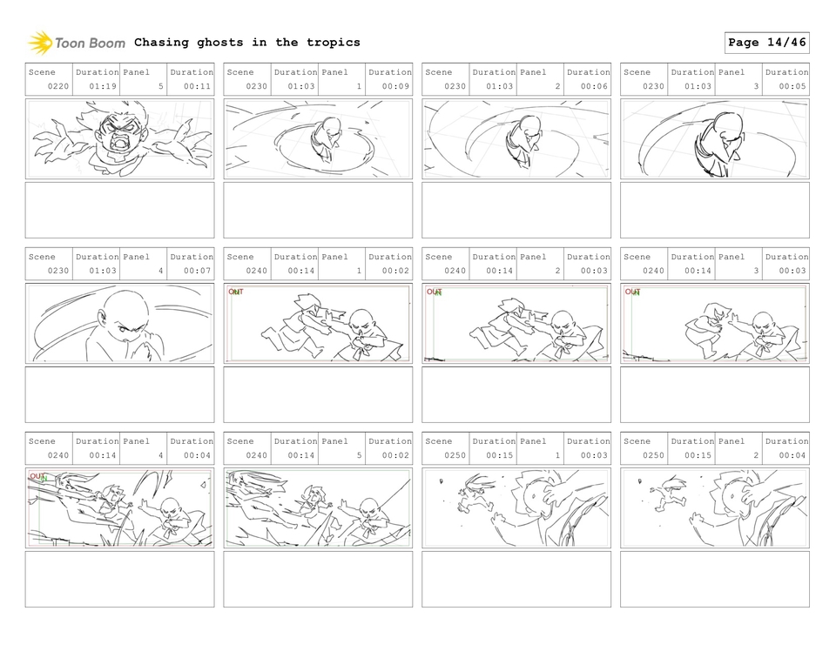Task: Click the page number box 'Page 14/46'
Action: point(766,43)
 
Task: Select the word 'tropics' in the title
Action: point(331,43)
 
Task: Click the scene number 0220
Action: point(58,87)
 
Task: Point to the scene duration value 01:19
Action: point(103,87)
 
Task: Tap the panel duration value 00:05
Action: point(792,87)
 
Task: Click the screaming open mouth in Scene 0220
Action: point(118,142)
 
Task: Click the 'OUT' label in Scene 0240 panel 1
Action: point(236,292)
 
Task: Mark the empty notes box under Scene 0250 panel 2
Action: point(714,579)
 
